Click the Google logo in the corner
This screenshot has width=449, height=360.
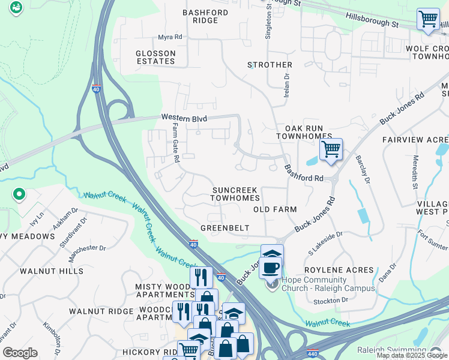(x=20, y=353)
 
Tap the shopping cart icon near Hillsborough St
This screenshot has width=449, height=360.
(x=427, y=19)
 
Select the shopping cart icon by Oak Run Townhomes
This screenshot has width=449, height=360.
(x=331, y=149)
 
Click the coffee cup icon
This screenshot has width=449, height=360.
(x=271, y=267)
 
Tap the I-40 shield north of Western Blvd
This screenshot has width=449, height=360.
(x=97, y=89)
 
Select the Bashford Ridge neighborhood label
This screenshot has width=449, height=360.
(x=205, y=16)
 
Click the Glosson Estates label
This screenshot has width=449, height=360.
(x=155, y=57)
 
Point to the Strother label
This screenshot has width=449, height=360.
(x=270, y=65)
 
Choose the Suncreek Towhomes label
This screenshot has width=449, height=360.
(x=235, y=194)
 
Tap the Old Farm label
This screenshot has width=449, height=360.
(x=275, y=209)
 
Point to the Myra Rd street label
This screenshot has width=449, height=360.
(x=170, y=37)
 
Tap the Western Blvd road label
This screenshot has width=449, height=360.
(x=184, y=119)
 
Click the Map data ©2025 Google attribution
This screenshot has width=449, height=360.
(x=412, y=355)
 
